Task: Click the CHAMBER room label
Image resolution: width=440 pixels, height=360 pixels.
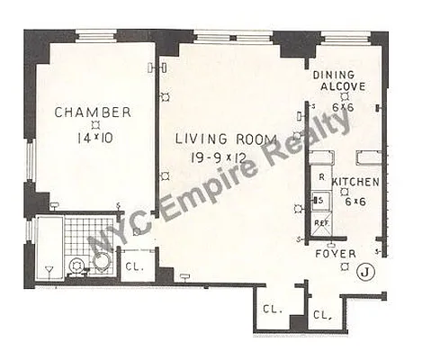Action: [x=93, y=112]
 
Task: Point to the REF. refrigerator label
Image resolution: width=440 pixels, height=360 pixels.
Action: [x=319, y=221]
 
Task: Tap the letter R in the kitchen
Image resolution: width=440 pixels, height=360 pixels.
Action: [x=320, y=177]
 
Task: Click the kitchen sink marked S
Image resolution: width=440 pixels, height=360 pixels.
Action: [x=319, y=200]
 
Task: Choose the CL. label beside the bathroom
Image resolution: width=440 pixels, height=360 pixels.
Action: [x=133, y=266]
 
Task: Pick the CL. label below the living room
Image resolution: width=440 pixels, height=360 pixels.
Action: [x=272, y=308]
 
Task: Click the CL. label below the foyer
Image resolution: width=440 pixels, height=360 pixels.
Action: [x=322, y=314]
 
